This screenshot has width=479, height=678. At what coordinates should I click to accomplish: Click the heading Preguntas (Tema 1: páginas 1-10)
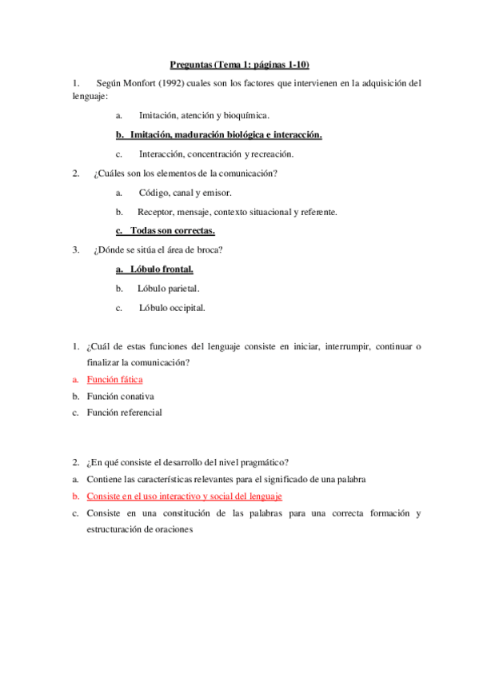coord(239,64)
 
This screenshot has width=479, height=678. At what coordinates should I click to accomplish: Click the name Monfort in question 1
coord(146,82)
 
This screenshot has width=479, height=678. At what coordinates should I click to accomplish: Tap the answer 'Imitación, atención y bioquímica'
coord(203,115)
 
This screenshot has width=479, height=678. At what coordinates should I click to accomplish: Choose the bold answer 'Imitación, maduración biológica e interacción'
coord(226,134)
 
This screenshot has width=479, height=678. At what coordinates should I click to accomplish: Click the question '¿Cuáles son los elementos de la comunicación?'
coord(190,173)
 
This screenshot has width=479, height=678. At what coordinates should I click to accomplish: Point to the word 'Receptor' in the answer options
coord(155,212)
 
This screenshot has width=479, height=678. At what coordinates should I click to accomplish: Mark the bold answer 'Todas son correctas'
coord(172,231)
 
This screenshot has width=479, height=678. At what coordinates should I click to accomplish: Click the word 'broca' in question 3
coord(211,250)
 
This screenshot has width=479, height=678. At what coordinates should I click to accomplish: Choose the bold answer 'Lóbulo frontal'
coord(161,269)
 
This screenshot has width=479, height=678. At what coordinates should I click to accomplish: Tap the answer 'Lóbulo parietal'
coord(168,288)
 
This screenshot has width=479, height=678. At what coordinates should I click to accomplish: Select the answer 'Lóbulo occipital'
coord(172,307)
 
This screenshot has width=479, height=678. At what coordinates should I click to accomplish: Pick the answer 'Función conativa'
coord(120,396)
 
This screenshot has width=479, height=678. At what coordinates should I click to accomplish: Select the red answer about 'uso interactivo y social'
coord(184,496)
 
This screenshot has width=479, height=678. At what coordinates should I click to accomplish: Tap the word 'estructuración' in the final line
coord(124,528)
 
